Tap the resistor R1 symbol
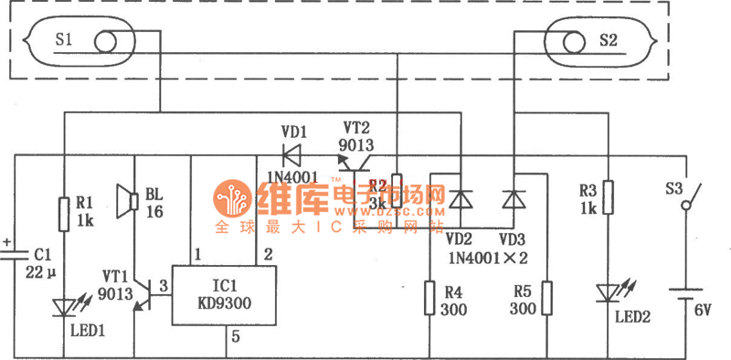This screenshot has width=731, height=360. pos(65,213)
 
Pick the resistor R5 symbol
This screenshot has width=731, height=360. pos(546,297)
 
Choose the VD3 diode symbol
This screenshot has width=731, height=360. pos(513,198)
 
